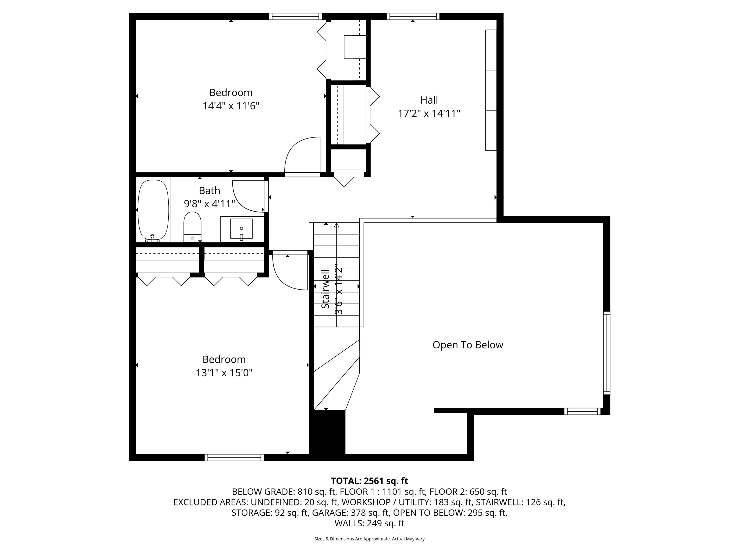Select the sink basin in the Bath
[241, 229]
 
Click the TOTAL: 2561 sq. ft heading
[369, 481]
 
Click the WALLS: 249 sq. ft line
[369, 523]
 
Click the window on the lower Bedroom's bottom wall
[234, 458]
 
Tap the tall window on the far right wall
[606, 353]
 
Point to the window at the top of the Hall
[413, 16]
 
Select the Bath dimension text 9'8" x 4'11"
[210, 204]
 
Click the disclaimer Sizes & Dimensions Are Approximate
[369, 539]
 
